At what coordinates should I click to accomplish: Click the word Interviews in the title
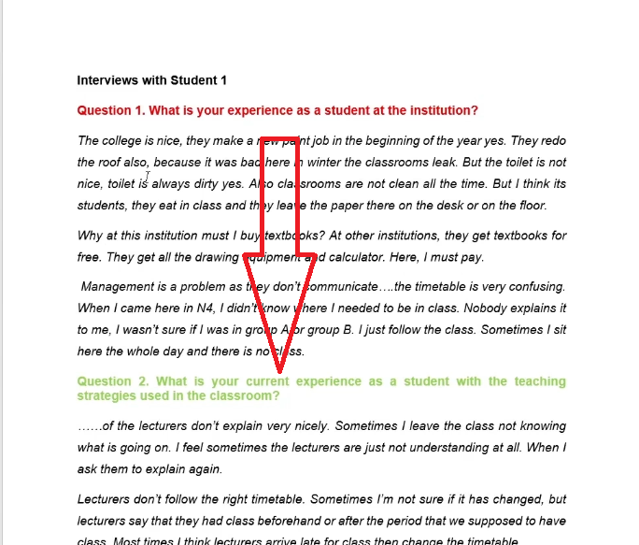(107, 80)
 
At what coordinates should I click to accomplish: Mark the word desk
(470, 206)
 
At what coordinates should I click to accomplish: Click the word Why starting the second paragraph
(91, 236)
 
